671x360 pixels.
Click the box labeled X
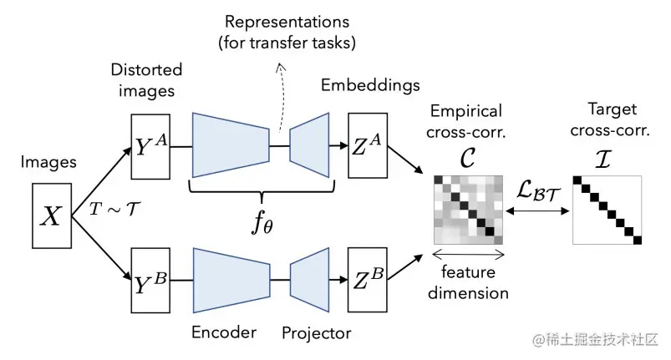52,215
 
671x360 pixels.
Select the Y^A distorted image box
150,147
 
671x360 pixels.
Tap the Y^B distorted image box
150,280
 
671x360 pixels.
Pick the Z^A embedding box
368,145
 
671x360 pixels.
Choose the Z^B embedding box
368,280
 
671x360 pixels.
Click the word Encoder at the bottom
224,332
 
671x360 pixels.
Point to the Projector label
316,333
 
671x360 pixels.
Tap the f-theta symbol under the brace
262,223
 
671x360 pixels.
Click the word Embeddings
370,85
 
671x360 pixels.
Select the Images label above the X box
48,162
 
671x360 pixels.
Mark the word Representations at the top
287,22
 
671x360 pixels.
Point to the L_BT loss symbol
538,190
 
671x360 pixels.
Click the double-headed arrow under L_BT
537,210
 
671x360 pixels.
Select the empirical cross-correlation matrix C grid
468,210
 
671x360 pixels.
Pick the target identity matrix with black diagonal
607,210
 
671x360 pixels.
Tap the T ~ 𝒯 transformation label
114,209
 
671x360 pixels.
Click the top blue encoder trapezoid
231,145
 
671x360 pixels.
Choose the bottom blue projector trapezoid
309,280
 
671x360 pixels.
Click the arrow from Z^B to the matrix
404,267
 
